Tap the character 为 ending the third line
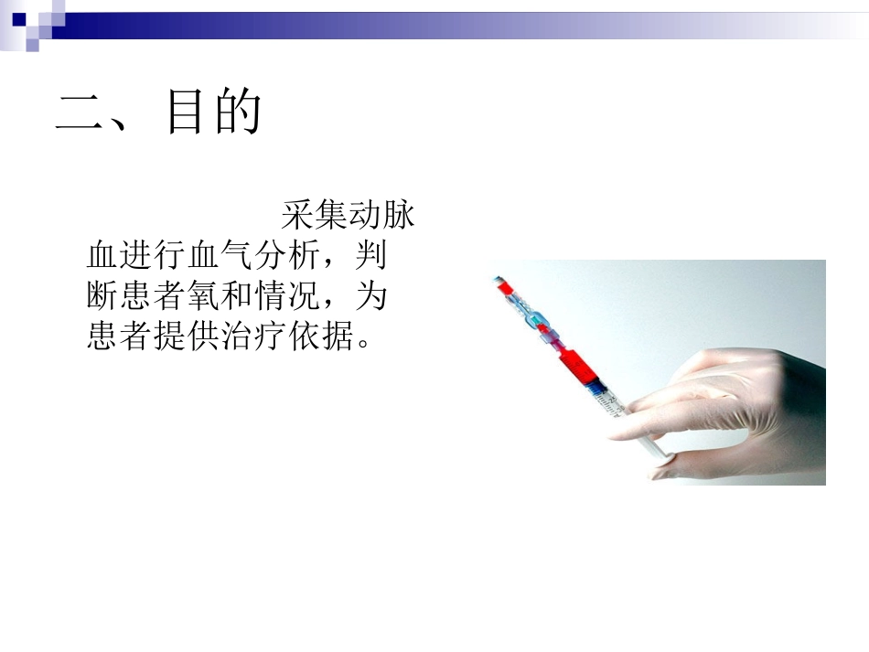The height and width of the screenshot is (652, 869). point(371,296)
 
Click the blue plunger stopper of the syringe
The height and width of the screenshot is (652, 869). point(598,393)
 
